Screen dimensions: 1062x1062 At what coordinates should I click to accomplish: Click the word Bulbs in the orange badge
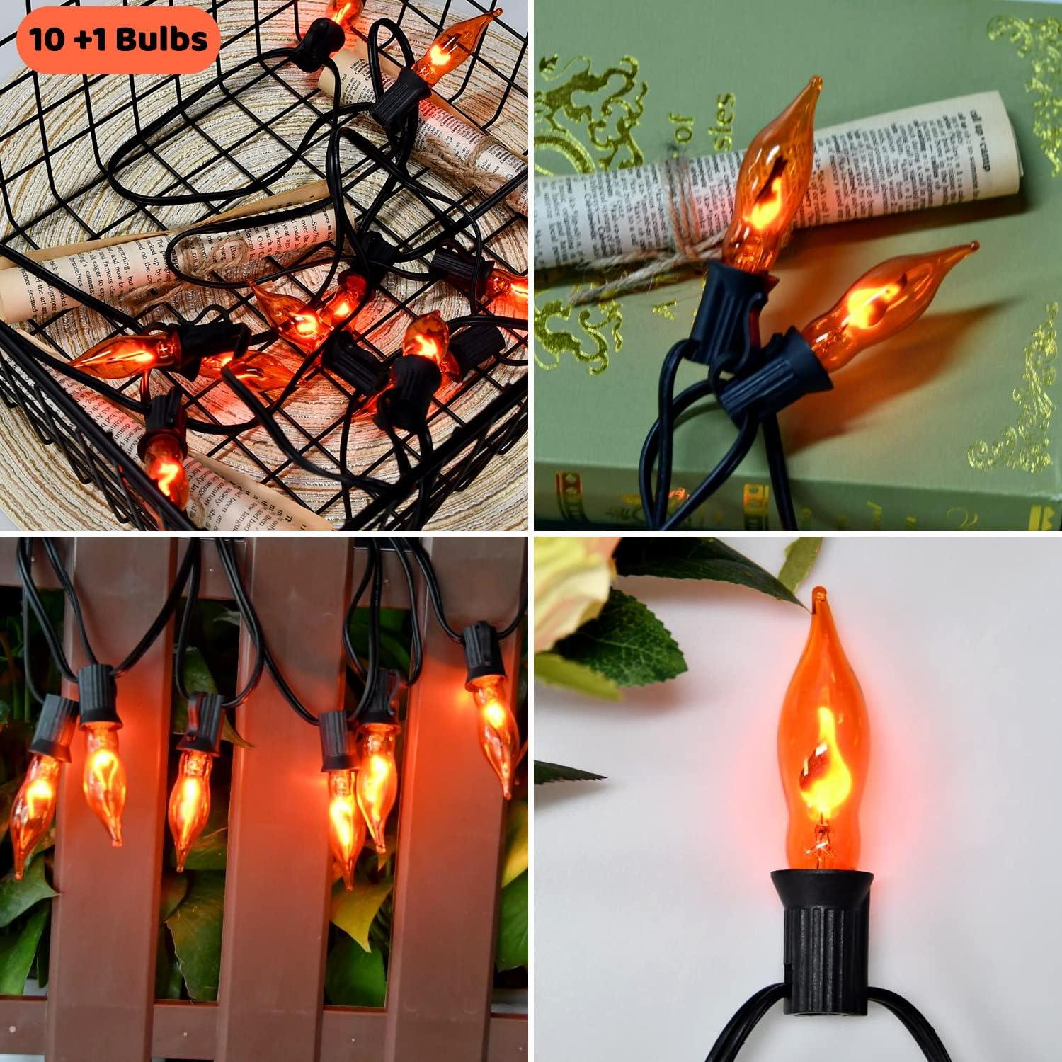click(x=162, y=39)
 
